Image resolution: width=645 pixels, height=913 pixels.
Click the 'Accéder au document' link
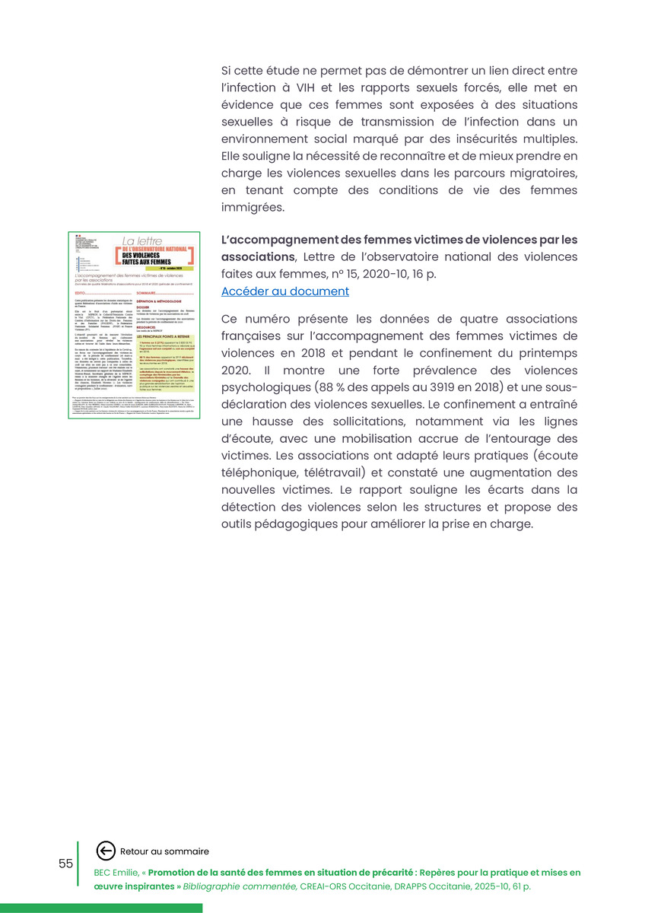pyautogui.click(x=285, y=291)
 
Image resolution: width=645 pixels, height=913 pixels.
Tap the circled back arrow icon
pyautogui.click(x=106, y=851)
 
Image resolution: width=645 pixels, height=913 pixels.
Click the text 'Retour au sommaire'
pyautogui.click(x=164, y=851)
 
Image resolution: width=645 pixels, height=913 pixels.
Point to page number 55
pyautogui.click(x=65, y=864)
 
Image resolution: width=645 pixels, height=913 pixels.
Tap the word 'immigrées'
pyautogui.click(x=253, y=207)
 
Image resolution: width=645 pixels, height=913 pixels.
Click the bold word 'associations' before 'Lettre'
pyautogui.click(x=257, y=257)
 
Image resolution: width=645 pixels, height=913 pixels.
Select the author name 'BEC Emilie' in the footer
pyautogui.click(x=117, y=873)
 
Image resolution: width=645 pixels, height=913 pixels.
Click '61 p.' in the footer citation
pyautogui.click(x=519, y=886)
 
